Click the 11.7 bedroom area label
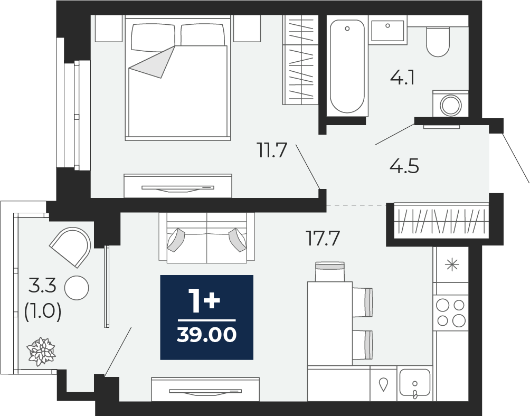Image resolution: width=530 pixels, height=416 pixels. [x=272, y=150]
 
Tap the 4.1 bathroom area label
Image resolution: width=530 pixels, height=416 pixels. [x=402, y=78]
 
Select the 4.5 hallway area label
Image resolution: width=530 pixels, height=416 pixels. [x=404, y=166]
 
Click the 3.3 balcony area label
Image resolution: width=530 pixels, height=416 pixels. [x=42, y=287]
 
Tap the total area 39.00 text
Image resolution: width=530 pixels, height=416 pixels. [x=206, y=335]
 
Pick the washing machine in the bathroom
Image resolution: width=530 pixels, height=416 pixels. [x=451, y=103]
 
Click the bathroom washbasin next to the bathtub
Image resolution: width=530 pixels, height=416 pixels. [x=387, y=30]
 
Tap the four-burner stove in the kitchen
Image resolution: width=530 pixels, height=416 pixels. [x=451, y=313]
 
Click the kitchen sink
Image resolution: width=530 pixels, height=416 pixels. [x=415, y=383]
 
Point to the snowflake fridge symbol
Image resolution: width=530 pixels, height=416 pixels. [x=452, y=264]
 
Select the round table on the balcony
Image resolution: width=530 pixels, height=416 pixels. [x=77, y=288]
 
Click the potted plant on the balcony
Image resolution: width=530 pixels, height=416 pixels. [x=41, y=351]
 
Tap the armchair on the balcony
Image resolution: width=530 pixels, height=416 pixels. [x=72, y=246]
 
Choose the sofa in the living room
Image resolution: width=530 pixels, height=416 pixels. [x=206, y=237]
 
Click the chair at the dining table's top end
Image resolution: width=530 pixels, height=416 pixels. [x=329, y=271]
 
